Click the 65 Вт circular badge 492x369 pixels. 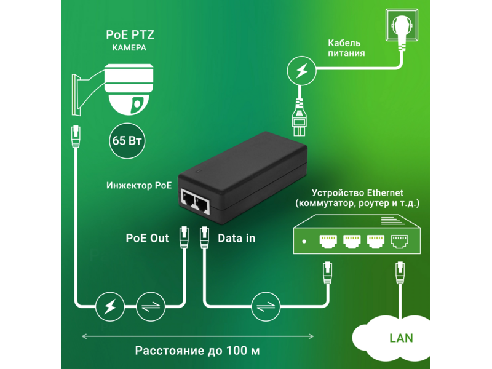[x=127, y=141]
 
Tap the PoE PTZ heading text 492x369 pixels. [x=130, y=34]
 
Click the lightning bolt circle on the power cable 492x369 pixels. [x=301, y=71]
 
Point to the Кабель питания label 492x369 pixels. [x=346, y=48]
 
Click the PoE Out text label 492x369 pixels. [x=147, y=238]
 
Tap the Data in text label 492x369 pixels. [x=237, y=238]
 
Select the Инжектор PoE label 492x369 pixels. [x=139, y=186]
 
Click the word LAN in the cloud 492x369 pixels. [x=401, y=338]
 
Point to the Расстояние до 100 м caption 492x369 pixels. [x=197, y=351]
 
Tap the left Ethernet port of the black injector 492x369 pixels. [x=188, y=199]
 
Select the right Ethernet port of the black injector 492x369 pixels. [x=202, y=204]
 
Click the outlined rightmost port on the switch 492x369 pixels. [x=399, y=241]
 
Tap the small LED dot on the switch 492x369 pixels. [x=304, y=241]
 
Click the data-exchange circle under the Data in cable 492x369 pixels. [x=266, y=306]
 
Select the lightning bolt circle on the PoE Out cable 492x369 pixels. [x=110, y=306]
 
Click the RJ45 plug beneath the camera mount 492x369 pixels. [x=76, y=136]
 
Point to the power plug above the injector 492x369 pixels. [x=299, y=117]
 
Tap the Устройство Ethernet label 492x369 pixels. [x=357, y=192]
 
